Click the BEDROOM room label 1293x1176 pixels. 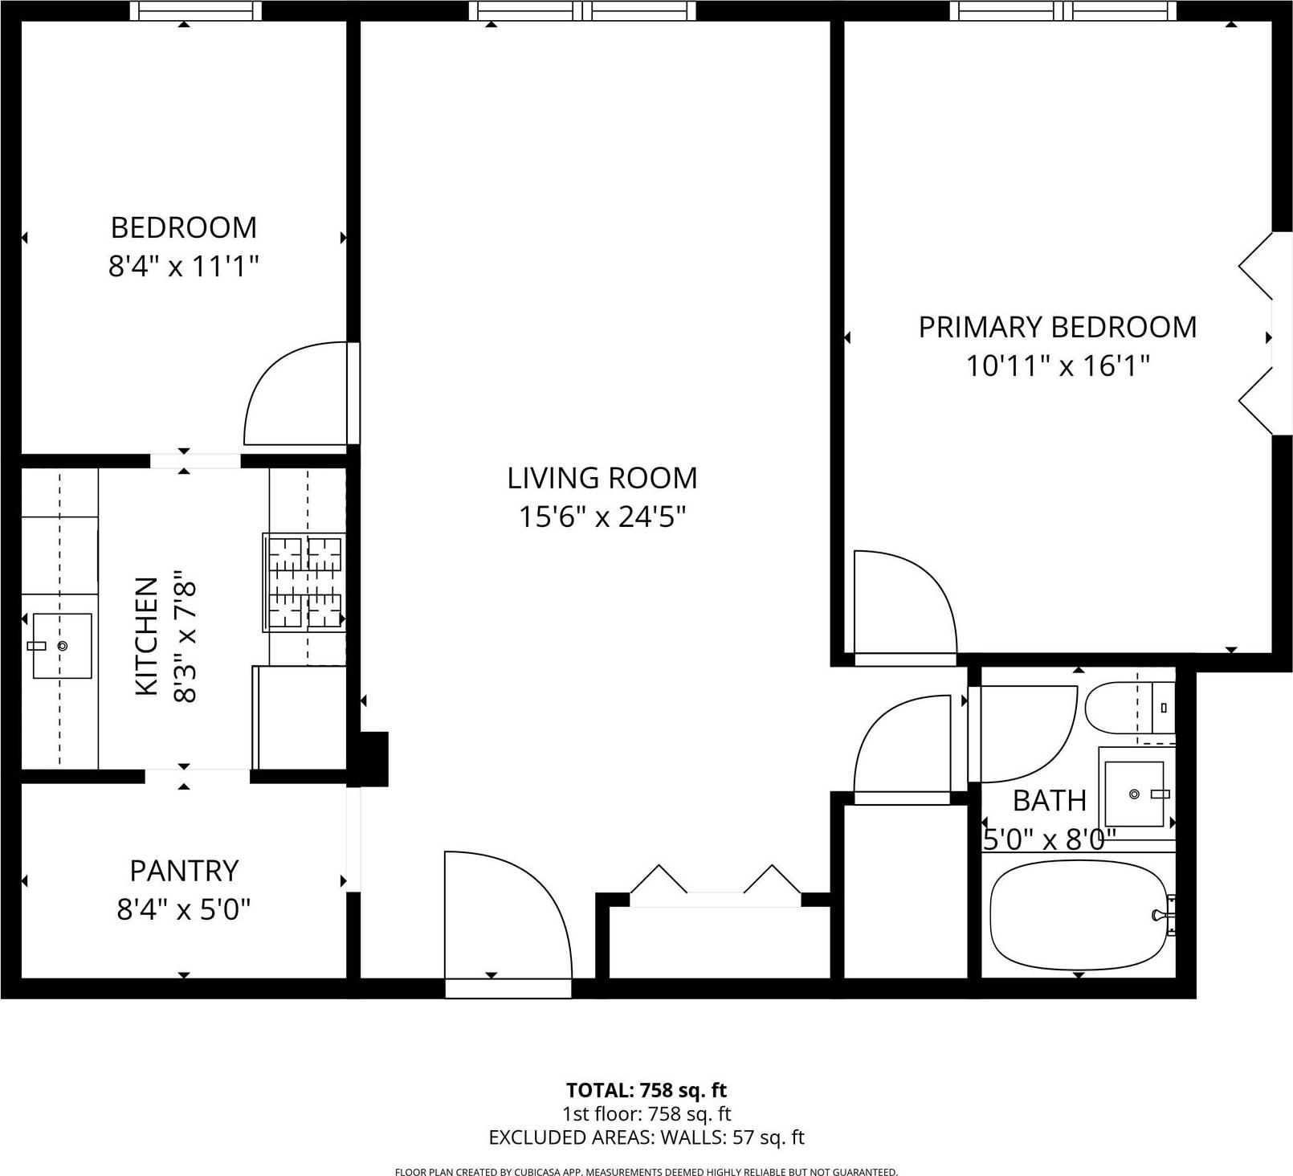[183, 228]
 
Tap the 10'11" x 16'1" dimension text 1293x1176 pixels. [1057, 366]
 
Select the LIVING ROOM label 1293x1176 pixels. [602, 478]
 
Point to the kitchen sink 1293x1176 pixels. [62, 646]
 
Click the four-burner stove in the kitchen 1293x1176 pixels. [304, 582]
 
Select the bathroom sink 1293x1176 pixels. [1134, 794]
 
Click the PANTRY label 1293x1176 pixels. [184, 871]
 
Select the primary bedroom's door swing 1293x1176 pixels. [903, 602]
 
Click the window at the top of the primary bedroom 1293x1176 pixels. [1063, 10]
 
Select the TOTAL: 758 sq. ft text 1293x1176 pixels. [646, 1090]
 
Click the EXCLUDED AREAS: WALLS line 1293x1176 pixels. [646, 1137]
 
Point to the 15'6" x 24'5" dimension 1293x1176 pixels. [602, 517]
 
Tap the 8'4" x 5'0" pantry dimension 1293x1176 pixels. [184, 909]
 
